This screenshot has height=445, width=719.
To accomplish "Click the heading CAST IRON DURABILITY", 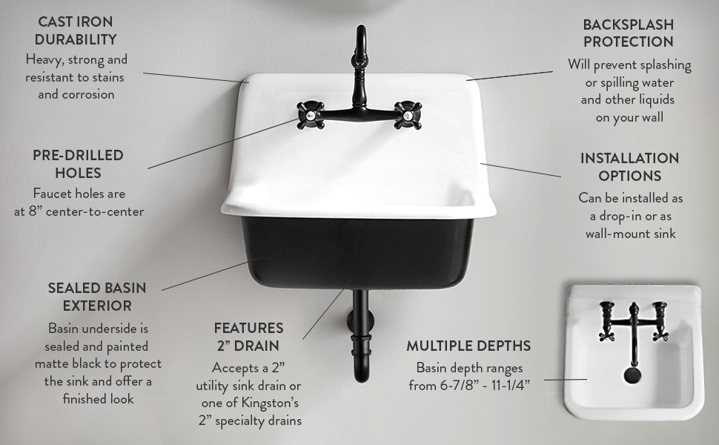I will coord(76,30).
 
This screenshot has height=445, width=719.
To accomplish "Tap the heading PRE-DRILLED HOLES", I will coord(78,164).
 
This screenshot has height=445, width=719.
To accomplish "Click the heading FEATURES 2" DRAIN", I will coord(248,336).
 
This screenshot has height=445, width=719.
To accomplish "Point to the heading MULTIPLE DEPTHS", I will coord(468,346).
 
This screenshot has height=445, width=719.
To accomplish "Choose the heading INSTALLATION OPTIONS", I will coord(629,167).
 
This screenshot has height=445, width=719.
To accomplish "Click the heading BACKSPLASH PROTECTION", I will coord(629,33).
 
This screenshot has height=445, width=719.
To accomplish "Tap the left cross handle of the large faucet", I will coord(308,113).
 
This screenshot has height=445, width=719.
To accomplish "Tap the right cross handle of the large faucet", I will coord(407,113).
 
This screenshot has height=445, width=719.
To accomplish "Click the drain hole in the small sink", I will coord(632,375).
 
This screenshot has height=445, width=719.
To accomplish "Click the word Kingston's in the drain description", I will coord(271,403).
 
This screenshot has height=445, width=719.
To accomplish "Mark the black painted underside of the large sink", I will coord(356,252).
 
